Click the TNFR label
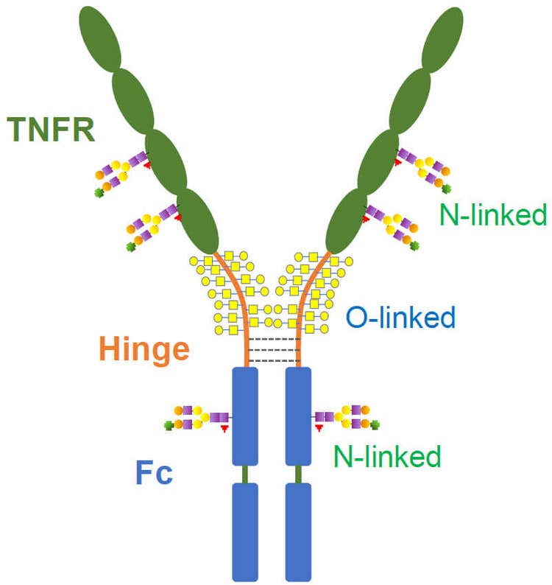point(52,130)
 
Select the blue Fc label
point(154,472)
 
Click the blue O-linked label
point(400,318)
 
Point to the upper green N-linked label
point(492,215)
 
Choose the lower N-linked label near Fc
point(387,456)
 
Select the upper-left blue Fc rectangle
point(245,416)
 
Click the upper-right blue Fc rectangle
point(298,416)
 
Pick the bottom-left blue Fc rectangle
point(245,531)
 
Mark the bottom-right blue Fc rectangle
point(298,531)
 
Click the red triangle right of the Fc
point(320,427)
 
